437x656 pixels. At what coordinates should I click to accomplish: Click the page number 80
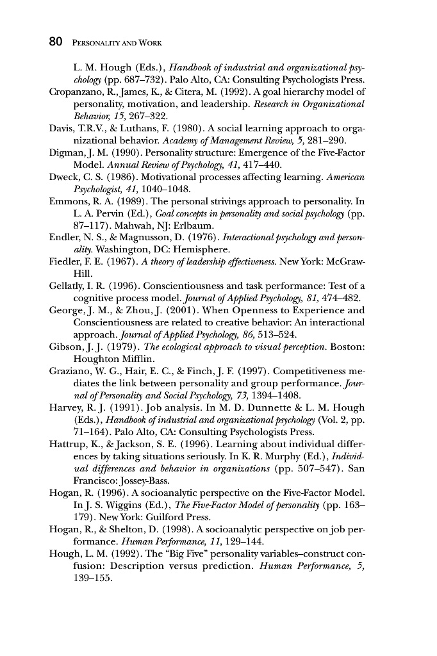coord(55,43)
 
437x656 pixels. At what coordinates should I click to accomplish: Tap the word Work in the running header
coord(149,44)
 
